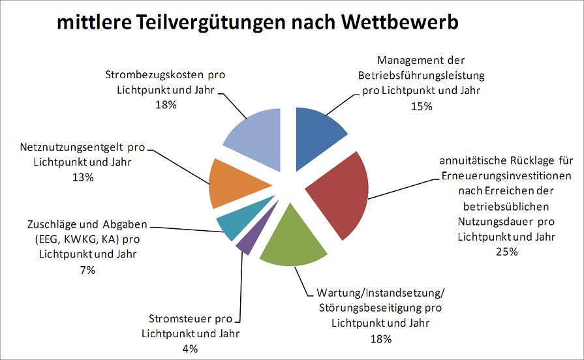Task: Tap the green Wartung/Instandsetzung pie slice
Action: pyautogui.click(x=294, y=245)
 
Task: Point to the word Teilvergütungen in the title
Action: pyautogui.click(x=219, y=23)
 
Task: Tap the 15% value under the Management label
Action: pyautogui.click(x=421, y=106)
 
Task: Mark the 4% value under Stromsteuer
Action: pyautogui.click(x=190, y=348)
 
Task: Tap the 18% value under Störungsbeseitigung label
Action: pyautogui.click(x=380, y=338)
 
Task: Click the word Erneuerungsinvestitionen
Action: pyautogui.click(x=506, y=177)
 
